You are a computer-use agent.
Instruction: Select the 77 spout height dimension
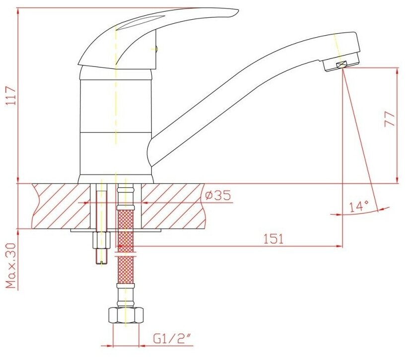(x=389, y=119)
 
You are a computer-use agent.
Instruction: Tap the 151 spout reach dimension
(x=273, y=239)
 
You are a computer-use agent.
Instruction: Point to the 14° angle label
(x=359, y=207)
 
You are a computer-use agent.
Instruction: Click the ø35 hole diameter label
(x=217, y=195)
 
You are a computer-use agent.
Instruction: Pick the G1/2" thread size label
(x=172, y=339)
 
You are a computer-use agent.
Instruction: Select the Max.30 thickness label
(x=11, y=266)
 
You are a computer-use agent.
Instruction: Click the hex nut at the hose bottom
(x=126, y=315)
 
